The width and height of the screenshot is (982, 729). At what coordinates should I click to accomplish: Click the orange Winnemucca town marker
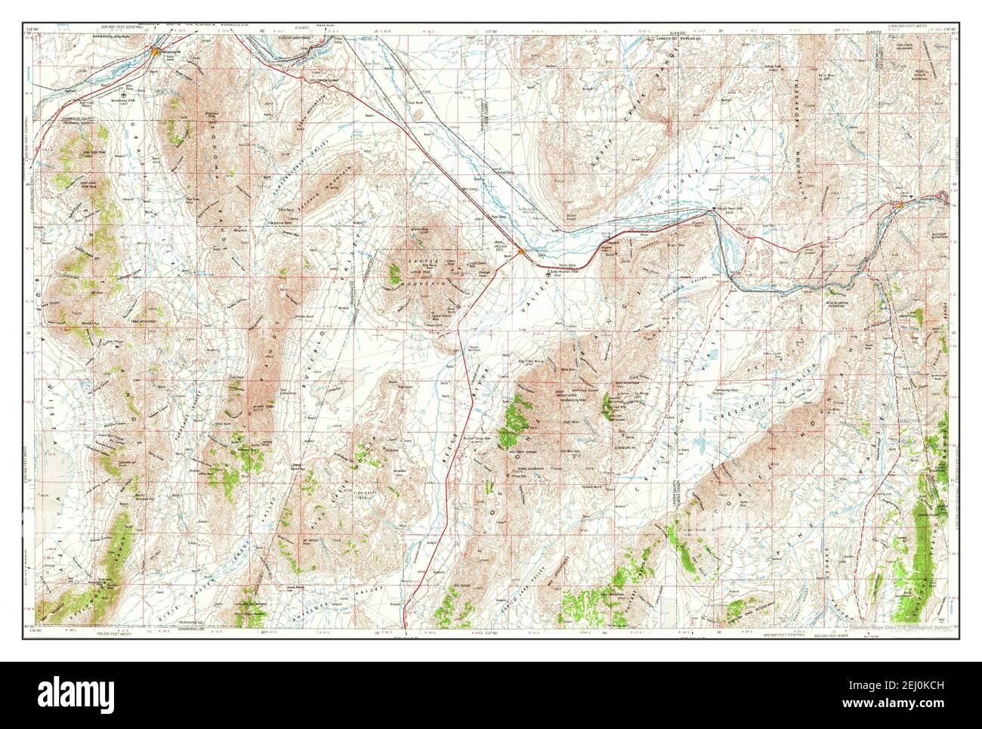click(155, 52)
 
